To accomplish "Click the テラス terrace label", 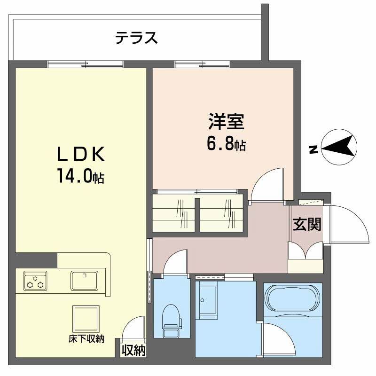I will coord(136,38).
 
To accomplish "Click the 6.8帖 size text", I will coord(227,143).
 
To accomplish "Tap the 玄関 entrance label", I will coord(307,225).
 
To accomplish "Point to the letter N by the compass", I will coord(312,150).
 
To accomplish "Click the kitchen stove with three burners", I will coord(35,281).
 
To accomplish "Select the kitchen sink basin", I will coord(85,281).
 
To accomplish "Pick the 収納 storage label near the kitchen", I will coord(133,350).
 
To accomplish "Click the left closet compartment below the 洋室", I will coord(173,214).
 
